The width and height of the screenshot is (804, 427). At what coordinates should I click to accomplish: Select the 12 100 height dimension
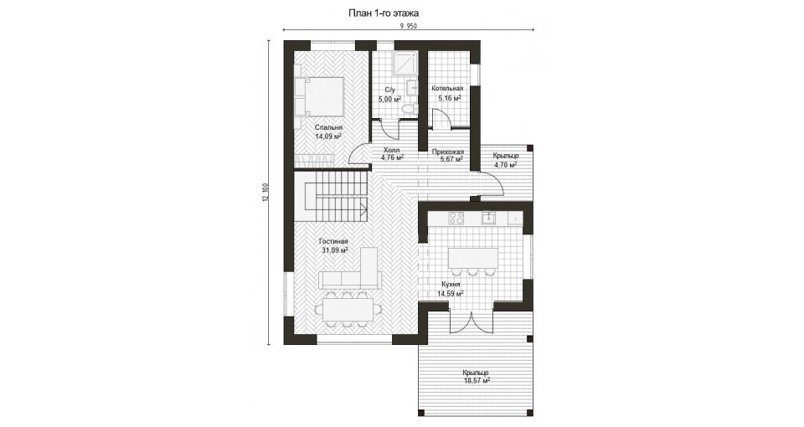point(265,192)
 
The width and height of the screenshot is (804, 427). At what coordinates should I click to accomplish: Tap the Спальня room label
point(328,127)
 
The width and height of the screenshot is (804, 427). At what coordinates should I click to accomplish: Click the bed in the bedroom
point(318,95)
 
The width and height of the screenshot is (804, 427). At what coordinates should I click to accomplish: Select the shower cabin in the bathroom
point(404,64)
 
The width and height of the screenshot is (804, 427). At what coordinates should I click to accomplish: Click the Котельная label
point(447,88)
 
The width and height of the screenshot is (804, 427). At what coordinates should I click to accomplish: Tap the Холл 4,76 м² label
point(392,154)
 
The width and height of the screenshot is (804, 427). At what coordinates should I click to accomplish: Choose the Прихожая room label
point(447,152)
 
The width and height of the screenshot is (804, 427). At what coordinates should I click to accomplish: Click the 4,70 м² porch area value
point(505,165)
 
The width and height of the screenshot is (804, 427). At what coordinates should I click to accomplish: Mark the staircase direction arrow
point(362,208)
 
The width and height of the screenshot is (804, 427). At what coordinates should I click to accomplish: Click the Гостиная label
point(333,241)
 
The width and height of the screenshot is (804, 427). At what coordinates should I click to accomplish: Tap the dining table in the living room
point(348,310)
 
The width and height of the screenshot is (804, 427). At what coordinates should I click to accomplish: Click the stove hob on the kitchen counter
point(456,218)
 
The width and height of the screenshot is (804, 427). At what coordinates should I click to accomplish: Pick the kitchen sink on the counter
point(488,218)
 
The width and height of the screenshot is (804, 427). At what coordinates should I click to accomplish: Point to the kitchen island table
point(472,258)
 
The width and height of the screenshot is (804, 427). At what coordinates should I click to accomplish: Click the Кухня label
point(451,285)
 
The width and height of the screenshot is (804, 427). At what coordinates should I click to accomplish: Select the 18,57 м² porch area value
point(477,381)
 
